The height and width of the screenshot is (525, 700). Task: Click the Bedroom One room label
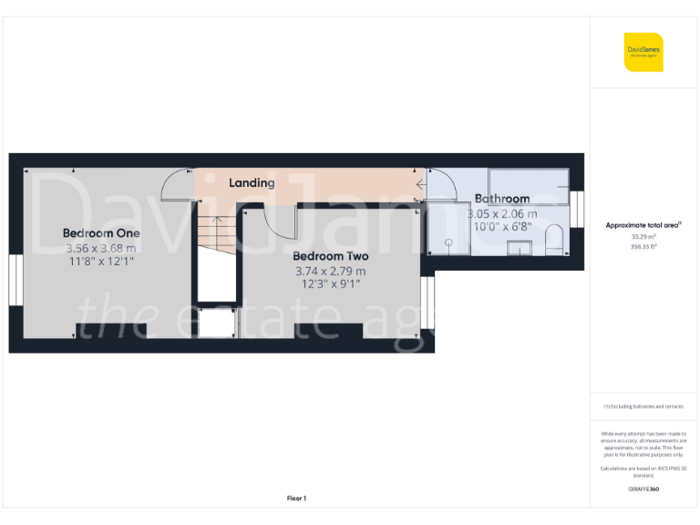point(100,233)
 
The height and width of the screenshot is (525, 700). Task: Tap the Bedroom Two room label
point(330,256)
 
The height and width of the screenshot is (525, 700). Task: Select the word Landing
point(252,183)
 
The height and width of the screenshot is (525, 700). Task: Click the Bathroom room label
point(501,199)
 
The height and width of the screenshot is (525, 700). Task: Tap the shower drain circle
point(448,242)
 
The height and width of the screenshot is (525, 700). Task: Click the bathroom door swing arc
point(439,185)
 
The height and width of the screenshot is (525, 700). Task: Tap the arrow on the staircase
point(217,221)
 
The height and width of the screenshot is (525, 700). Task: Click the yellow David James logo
point(643,51)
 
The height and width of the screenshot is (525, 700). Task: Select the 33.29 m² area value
point(643,236)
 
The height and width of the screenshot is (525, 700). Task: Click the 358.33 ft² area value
point(643,246)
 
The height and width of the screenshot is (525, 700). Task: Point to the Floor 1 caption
point(296,498)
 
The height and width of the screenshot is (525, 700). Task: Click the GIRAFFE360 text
point(643,489)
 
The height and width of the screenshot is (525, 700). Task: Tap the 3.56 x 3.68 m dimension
point(100,248)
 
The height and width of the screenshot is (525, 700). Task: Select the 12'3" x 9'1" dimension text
point(330,283)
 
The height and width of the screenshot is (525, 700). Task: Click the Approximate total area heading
point(643,225)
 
